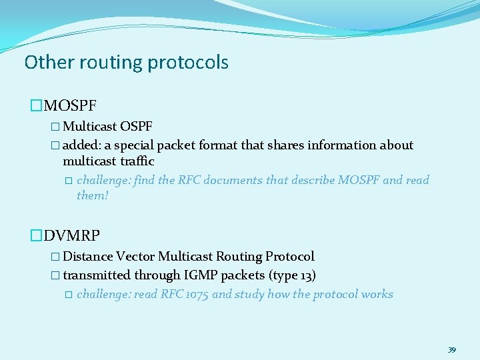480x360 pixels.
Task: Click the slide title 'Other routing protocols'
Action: coord(126,63)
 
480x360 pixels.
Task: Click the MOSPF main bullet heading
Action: coord(70,105)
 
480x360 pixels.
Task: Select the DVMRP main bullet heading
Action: coord(72,235)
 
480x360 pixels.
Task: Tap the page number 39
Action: coord(451,350)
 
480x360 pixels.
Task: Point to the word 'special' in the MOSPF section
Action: coord(135,145)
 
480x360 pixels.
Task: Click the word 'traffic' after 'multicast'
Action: coord(137,161)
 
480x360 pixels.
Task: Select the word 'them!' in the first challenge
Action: coord(92,195)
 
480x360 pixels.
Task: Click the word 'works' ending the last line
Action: coord(376,294)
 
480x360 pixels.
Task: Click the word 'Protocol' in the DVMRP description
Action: coord(290,257)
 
